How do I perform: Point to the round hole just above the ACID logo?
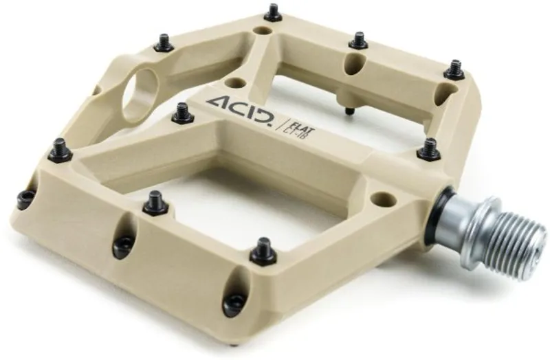coord(235,83)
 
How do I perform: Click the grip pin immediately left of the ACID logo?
coord(182,113)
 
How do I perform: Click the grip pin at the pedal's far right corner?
coord(454,69)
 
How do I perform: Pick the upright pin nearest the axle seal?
coord(429,148)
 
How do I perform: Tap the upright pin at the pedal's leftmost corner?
coord(60,149)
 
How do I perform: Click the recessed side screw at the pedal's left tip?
coord(26,199)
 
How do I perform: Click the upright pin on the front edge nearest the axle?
coord(263,251)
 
